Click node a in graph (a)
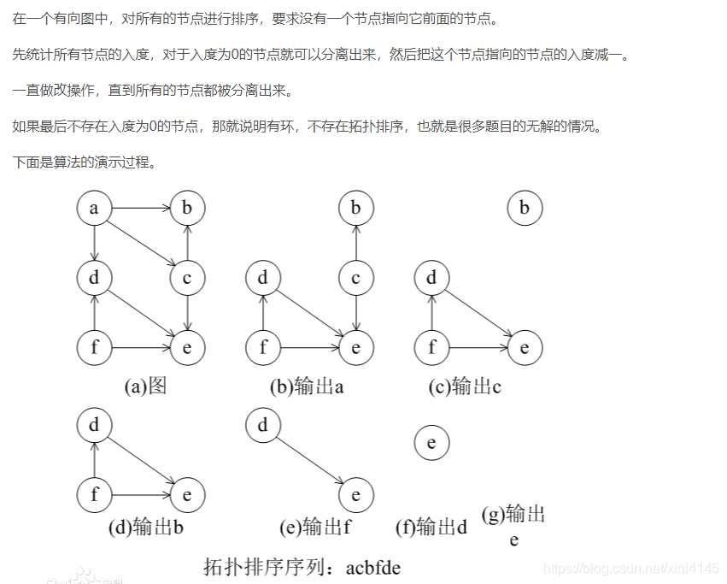(94, 208)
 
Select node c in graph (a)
(187, 278)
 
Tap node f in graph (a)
(94, 348)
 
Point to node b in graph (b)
(356, 208)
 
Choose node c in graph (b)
(356, 278)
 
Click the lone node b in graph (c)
(525, 208)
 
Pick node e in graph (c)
(525, 348)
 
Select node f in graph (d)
(94, 495)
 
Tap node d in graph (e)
(263, 425)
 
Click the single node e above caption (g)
(431, 443)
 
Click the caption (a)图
(145, 386)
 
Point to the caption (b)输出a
(307, 386)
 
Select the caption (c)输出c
(465, 386)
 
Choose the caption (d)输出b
(146, 527)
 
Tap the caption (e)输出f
(315, 527)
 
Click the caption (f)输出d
(431, 527)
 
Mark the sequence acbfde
(373, 567)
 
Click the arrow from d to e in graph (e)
(309, 460)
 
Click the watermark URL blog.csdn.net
(631, 568)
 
